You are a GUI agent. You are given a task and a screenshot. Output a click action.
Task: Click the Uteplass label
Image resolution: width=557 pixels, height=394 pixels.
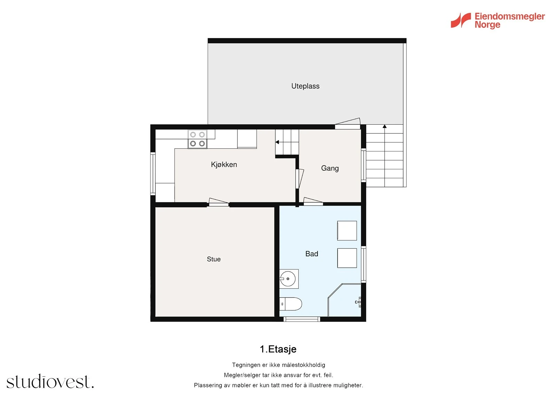click(305, 86)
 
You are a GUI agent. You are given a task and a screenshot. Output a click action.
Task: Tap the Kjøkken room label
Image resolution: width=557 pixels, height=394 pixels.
click(224, 164)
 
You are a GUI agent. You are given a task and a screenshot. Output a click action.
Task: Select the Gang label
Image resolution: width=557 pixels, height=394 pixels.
click(330, 168)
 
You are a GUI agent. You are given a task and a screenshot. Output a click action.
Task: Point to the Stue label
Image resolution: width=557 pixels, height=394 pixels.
click(213, 259)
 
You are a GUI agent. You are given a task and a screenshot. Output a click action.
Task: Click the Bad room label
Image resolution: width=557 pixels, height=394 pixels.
click(312, 254)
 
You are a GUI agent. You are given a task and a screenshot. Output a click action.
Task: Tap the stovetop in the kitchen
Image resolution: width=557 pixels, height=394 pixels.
click(197, 139)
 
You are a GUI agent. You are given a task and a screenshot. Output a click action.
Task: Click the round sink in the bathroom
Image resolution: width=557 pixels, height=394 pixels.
click(288, 279)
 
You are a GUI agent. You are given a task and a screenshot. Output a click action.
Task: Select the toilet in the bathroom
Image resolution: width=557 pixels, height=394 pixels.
click(291, 304)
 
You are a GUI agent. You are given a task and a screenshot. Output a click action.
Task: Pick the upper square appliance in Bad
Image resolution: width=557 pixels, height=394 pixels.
click(347, 231)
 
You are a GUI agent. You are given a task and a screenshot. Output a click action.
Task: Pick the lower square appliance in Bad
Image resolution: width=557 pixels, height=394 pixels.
click(347, 258)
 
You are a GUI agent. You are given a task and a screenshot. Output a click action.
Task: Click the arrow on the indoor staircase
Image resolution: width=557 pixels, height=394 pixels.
click(277, 142)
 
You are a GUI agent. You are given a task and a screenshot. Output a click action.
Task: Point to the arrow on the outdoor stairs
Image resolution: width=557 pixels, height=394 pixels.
click(384, 126)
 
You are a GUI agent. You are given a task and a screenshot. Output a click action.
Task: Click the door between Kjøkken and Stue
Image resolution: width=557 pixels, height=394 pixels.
click(218, 202)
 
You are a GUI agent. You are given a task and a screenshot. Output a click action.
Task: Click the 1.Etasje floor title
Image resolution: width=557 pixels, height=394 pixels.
click(278, 349)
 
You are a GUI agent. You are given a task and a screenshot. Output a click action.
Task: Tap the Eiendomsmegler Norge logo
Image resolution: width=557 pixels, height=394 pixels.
click(497, 21)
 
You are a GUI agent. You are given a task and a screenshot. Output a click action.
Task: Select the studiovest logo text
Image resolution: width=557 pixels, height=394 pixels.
click(50, 382)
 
